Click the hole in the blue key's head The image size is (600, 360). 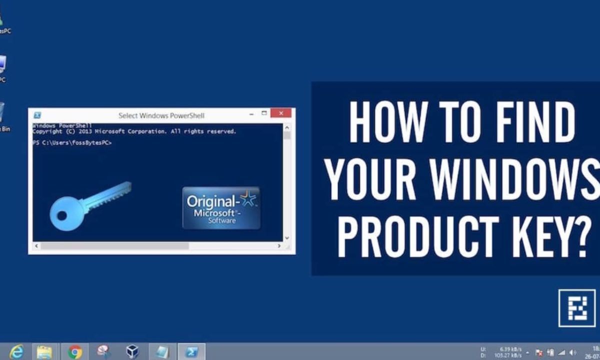61,215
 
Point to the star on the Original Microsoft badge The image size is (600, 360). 248,200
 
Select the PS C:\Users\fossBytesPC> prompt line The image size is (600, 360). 72,143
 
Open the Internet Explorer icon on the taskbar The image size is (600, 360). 16,352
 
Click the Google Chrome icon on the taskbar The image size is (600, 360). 75,352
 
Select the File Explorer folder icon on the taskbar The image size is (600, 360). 45,352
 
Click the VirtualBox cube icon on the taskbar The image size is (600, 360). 132,352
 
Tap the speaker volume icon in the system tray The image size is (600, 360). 573,352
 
